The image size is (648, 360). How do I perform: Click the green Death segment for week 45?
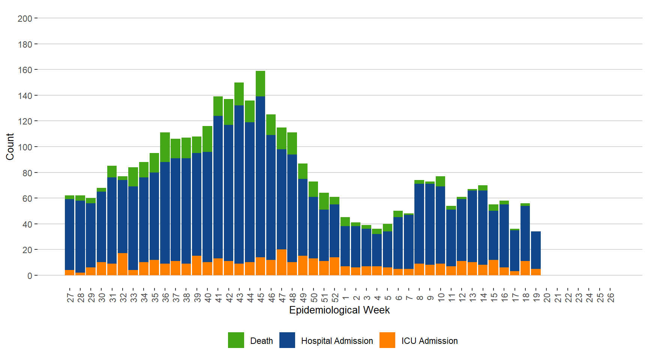[x=260, y=84]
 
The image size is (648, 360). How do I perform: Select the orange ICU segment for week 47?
[x=282, y=262]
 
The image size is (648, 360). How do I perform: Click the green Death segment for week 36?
[x=165, y=147]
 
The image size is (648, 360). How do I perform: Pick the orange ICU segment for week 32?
[x=123, y=264]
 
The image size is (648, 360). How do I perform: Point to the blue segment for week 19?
[x=536, y=250]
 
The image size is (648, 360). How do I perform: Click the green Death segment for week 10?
[x=441, y=181]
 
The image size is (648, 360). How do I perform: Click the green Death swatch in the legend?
[x=236, y=340]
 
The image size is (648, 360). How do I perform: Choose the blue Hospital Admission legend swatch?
[x=287, y=340]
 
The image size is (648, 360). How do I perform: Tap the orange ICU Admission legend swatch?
[x=387, y=340]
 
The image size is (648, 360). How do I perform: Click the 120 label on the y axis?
[x=25, y=121]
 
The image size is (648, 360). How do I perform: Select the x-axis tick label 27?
[x=70, y=298]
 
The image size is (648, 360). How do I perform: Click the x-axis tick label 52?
[x=335, y=298]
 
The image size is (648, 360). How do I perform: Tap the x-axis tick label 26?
[x=611, y=298]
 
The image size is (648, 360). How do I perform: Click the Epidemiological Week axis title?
[x=339, y=310]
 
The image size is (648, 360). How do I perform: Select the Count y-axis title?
[x=10, y=147]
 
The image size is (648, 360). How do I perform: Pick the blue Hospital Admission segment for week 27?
[x=69, y=234]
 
